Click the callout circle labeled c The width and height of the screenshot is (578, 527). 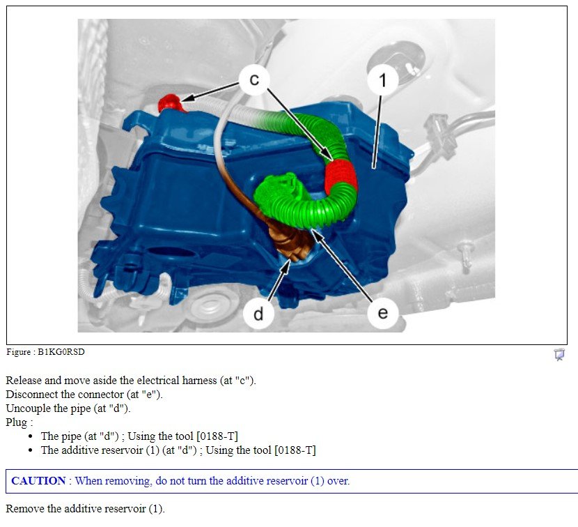pyautogui.click(x=254, y=79)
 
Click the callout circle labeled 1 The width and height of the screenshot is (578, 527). pyautogui.click(x=382, y=79)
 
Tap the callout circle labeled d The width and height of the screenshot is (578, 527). pyautogui.click(x=258, y=314)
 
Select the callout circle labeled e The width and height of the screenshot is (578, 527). pyautogui.click(x=382, y=313)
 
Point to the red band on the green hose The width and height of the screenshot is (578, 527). pyautogui.click(x=341, y=176)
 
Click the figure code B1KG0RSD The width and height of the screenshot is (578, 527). pyautogui.click(x=61, y=352)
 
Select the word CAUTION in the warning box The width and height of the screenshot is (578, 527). pyautogui.click(x=39, y=480)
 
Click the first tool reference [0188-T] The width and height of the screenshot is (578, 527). pyautogui.click(x=217, y=436)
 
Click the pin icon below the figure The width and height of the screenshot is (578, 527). pyautogui.click(x=559, y=354)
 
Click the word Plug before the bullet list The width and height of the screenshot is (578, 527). pyautogui.click(x=17, y=422)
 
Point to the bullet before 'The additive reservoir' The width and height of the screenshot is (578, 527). pyautogui.click(x=31, y=450)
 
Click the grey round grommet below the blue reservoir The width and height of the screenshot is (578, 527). pyautogui.click(x=209, y=308)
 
